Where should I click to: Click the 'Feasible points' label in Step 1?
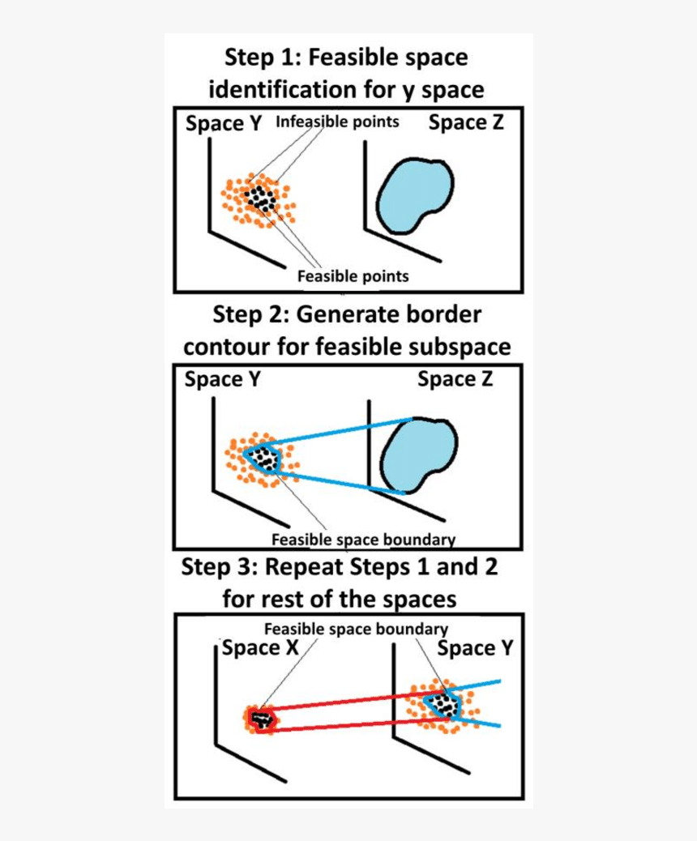click(x=353, y=275)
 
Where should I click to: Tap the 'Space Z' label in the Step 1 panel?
click(x=465, y=123)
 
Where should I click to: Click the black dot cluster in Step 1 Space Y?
click(x=261, y=197)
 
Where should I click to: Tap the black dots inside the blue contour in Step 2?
click(x=263, y=459)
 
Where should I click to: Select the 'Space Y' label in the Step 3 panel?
click(x=474, y=648)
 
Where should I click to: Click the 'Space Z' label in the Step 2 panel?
click(x=455, y=379)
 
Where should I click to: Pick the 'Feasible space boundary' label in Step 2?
click(x=363, y=540)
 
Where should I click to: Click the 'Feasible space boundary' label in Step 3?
click(x=356, y=629)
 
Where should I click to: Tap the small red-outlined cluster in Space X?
click(x=261, y=719)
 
